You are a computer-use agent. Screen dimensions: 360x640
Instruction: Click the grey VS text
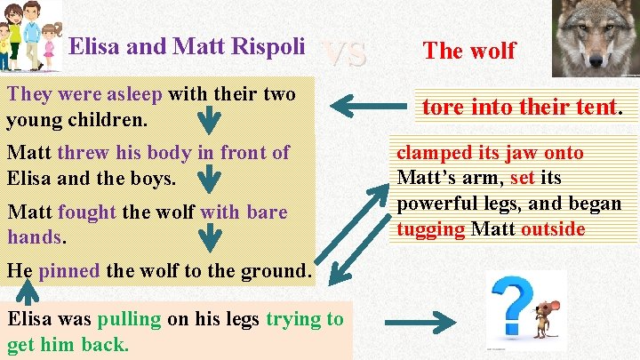(344, 53)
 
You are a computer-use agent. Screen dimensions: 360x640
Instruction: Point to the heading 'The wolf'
(469, 51)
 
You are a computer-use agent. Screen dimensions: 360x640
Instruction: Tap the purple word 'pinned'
(69, 270)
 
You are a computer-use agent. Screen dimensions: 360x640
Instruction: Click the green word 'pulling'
(130, 319)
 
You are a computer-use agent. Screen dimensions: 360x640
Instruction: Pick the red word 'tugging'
(430, 229)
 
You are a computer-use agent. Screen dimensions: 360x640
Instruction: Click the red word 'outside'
(553, 229)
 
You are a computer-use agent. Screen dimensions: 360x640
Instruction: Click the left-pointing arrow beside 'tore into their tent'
(373, 109)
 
